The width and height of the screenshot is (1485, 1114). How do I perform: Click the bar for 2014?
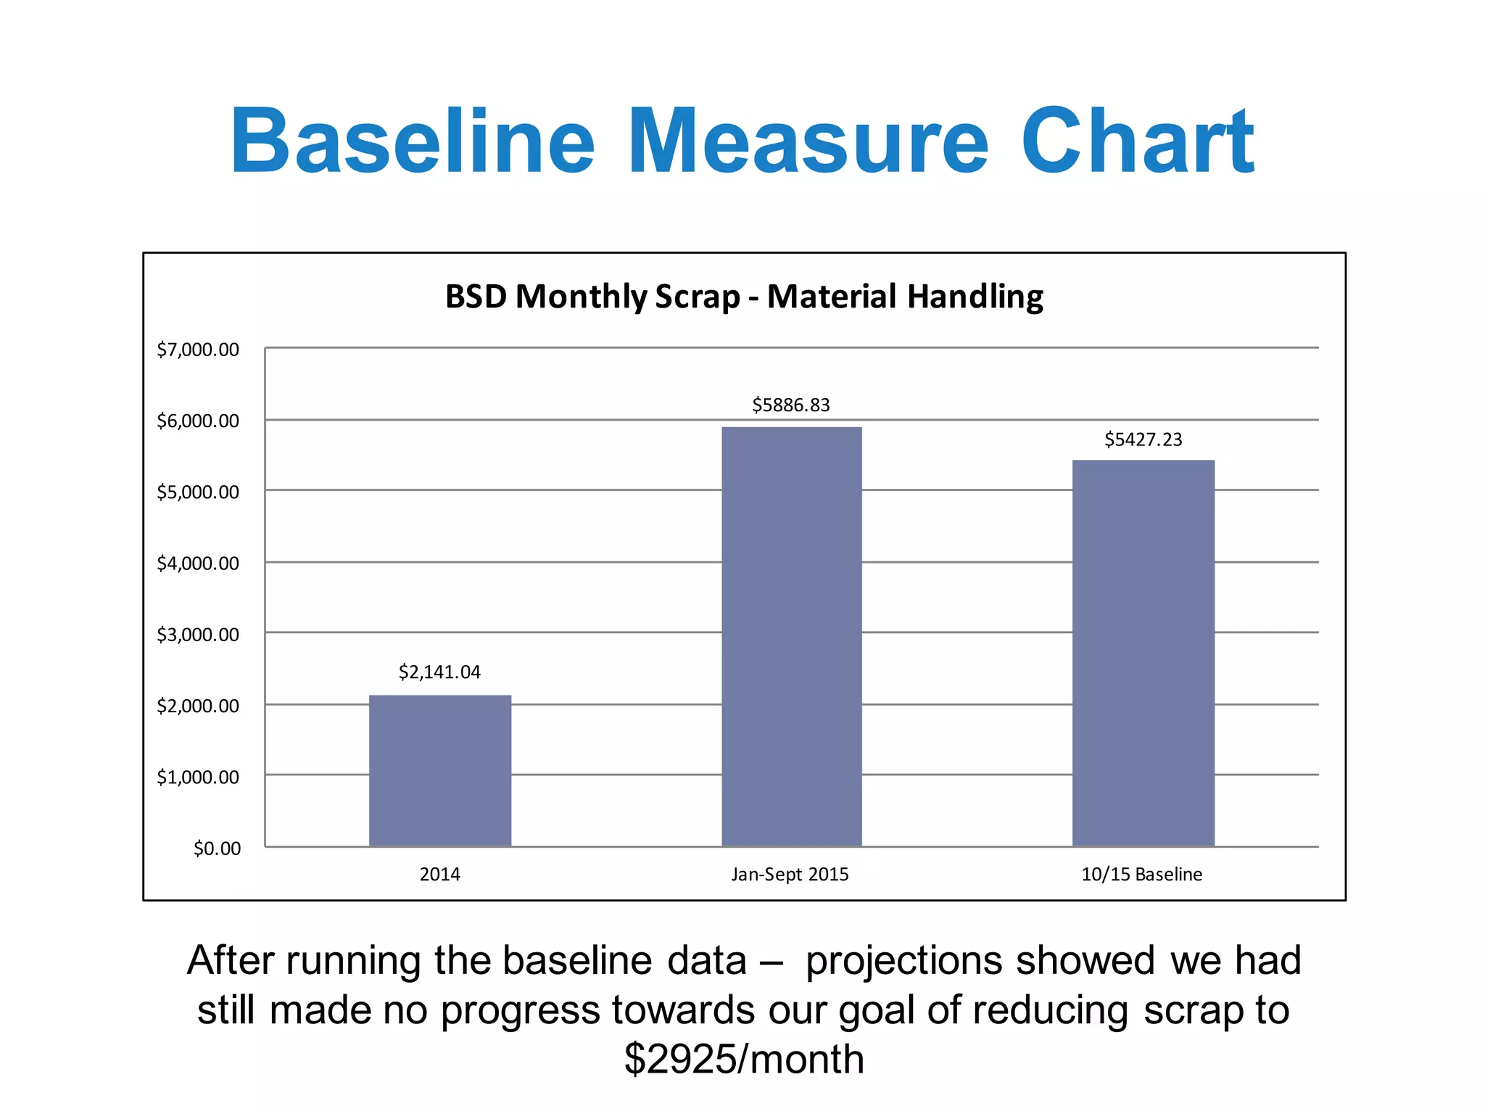click(x=440, y=770)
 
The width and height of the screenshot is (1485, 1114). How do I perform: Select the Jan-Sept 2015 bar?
click(x=792, y=636)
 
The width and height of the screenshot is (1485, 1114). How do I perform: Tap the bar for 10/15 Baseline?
click(x=1143, y=653)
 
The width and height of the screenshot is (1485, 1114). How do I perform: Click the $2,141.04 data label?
click(x=439, y=672)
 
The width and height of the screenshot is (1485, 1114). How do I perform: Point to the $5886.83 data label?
click(x=790, y=405)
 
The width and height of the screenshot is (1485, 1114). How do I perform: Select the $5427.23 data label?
click(x=1143, y=440)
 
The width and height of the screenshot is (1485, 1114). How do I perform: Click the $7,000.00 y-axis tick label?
click(x=198, y=350)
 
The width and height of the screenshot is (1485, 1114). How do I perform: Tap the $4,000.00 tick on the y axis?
click(x=198, y=564)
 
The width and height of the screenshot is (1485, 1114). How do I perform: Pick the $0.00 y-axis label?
click(x=217, y=849)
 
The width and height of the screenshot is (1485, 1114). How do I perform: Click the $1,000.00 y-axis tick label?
click(x=198, y=777)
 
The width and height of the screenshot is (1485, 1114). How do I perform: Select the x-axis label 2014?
click(x=439, y=875)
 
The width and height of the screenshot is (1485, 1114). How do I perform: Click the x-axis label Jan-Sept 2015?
click(x=790, y=875)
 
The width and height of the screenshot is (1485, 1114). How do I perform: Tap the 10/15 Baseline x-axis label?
click(x=1141, y=875)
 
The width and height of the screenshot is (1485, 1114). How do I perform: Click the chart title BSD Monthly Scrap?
click(x=592, y=297)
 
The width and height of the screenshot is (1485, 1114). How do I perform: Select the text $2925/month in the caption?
click(x=744, y=1059)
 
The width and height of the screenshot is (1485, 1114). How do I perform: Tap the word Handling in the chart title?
click(x=975, y=297)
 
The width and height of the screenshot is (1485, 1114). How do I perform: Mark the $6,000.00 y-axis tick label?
click(x=198, y=421)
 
